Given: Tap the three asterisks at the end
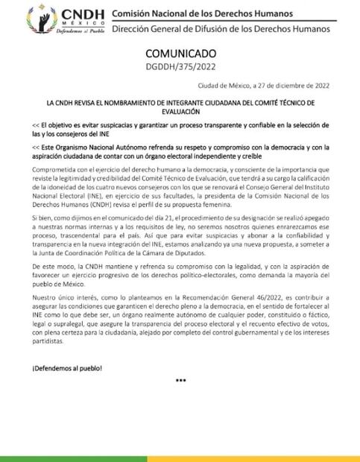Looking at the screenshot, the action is coord(180,380).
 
